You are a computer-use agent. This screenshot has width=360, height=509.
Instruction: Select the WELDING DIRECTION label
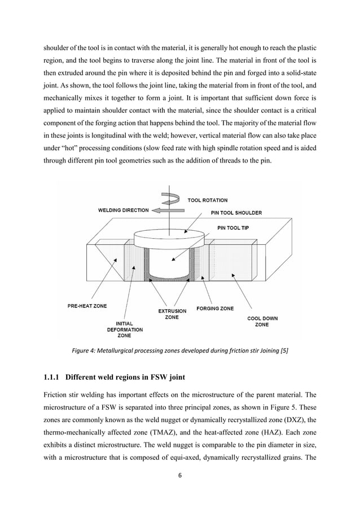click(124, 210)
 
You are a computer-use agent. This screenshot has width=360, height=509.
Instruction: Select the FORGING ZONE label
click(215, 309)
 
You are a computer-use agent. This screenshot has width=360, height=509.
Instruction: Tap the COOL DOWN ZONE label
click(262, 322)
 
